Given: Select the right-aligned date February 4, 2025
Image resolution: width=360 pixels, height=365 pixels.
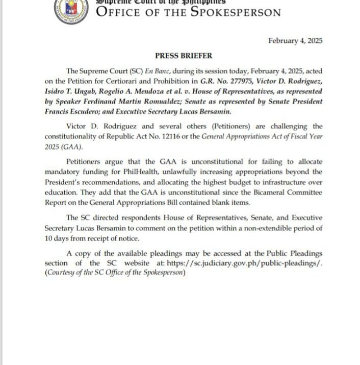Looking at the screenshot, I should tap(295, 41).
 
